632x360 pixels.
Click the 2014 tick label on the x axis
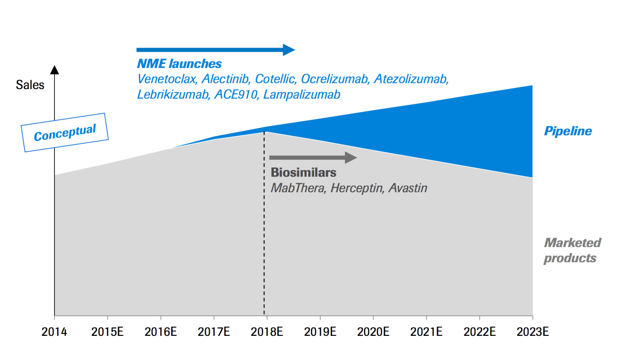54,331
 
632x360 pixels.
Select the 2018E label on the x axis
267,331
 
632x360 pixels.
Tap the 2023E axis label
532,331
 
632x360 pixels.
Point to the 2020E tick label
373,331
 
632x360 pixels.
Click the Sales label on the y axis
30,85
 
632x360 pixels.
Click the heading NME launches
179,64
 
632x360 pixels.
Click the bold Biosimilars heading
303,172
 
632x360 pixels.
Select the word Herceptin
357,188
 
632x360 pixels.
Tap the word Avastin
408,188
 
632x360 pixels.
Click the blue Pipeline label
568,131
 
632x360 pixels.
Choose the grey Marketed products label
572,250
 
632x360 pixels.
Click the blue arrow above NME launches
215,50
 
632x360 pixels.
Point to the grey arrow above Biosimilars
313,157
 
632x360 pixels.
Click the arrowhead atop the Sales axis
54,69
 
